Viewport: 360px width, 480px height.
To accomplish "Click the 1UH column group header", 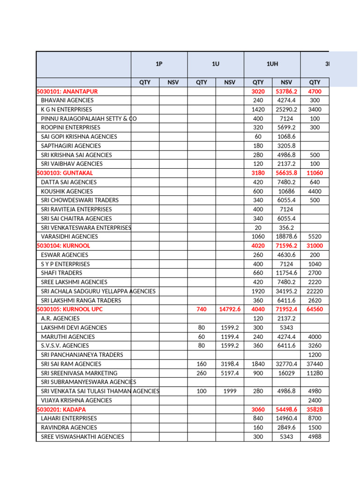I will [x=272, y=64].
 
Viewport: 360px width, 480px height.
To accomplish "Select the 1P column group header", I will [x=159, y=64].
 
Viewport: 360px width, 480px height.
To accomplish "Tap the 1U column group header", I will [x=215, y=64].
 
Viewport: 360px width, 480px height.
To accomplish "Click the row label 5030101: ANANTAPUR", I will [x=67, y=91].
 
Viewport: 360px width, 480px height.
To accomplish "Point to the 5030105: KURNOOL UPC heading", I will [x=69, y=309].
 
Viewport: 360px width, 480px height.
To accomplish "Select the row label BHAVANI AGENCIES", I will [x=67, y=100].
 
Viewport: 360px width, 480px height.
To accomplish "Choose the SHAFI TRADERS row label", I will [x=61, y=273].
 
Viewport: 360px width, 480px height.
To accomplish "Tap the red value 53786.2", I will [x=286, y=91].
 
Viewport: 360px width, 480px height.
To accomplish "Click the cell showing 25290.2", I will [x=286, y=109].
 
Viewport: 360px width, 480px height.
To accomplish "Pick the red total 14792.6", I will [x=230, y=309].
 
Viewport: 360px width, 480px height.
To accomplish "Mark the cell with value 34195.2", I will [x=286, y=291].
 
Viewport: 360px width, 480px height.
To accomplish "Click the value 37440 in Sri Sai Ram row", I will [x=315, y=364].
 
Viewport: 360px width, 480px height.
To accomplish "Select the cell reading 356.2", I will [x=286, y=227].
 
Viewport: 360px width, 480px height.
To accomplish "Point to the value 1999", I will [x=230, y=391].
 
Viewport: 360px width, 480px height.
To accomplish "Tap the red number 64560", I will [x=315, y=309].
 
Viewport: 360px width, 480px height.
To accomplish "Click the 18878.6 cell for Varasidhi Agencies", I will [x=286, y=237].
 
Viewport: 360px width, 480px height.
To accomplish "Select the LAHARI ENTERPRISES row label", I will [x=69, y=418].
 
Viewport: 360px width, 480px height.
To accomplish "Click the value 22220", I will [x=315, y=291].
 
